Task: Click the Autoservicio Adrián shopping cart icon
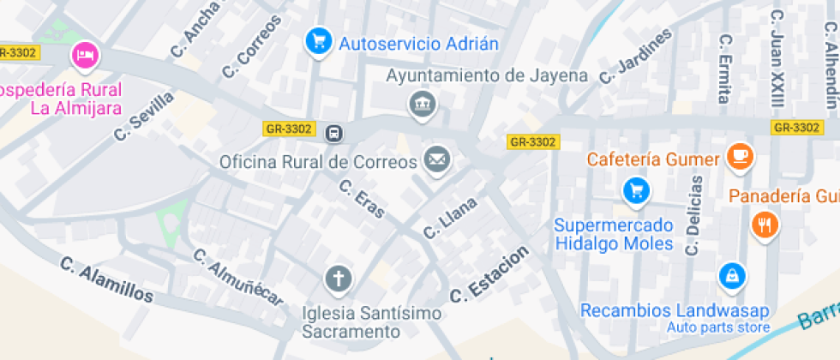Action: [319, 40]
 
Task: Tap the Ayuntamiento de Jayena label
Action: [487, 75]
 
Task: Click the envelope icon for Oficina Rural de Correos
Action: [436, 159]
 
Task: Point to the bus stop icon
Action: [333, 133]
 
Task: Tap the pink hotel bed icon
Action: [85, 57]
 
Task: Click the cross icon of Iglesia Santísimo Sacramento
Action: [338, 279]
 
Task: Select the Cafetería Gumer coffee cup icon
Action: [739, 156]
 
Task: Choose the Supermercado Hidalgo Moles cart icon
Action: [635, 190]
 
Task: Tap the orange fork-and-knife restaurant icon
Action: [763, 225]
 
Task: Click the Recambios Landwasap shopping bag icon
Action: [733, 276]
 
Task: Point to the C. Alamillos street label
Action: [107, 280]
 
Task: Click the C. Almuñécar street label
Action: [237, 277]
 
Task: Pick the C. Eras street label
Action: [362, 198]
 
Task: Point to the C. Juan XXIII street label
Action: [777, 58]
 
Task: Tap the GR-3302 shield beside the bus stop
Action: [289, 129]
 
